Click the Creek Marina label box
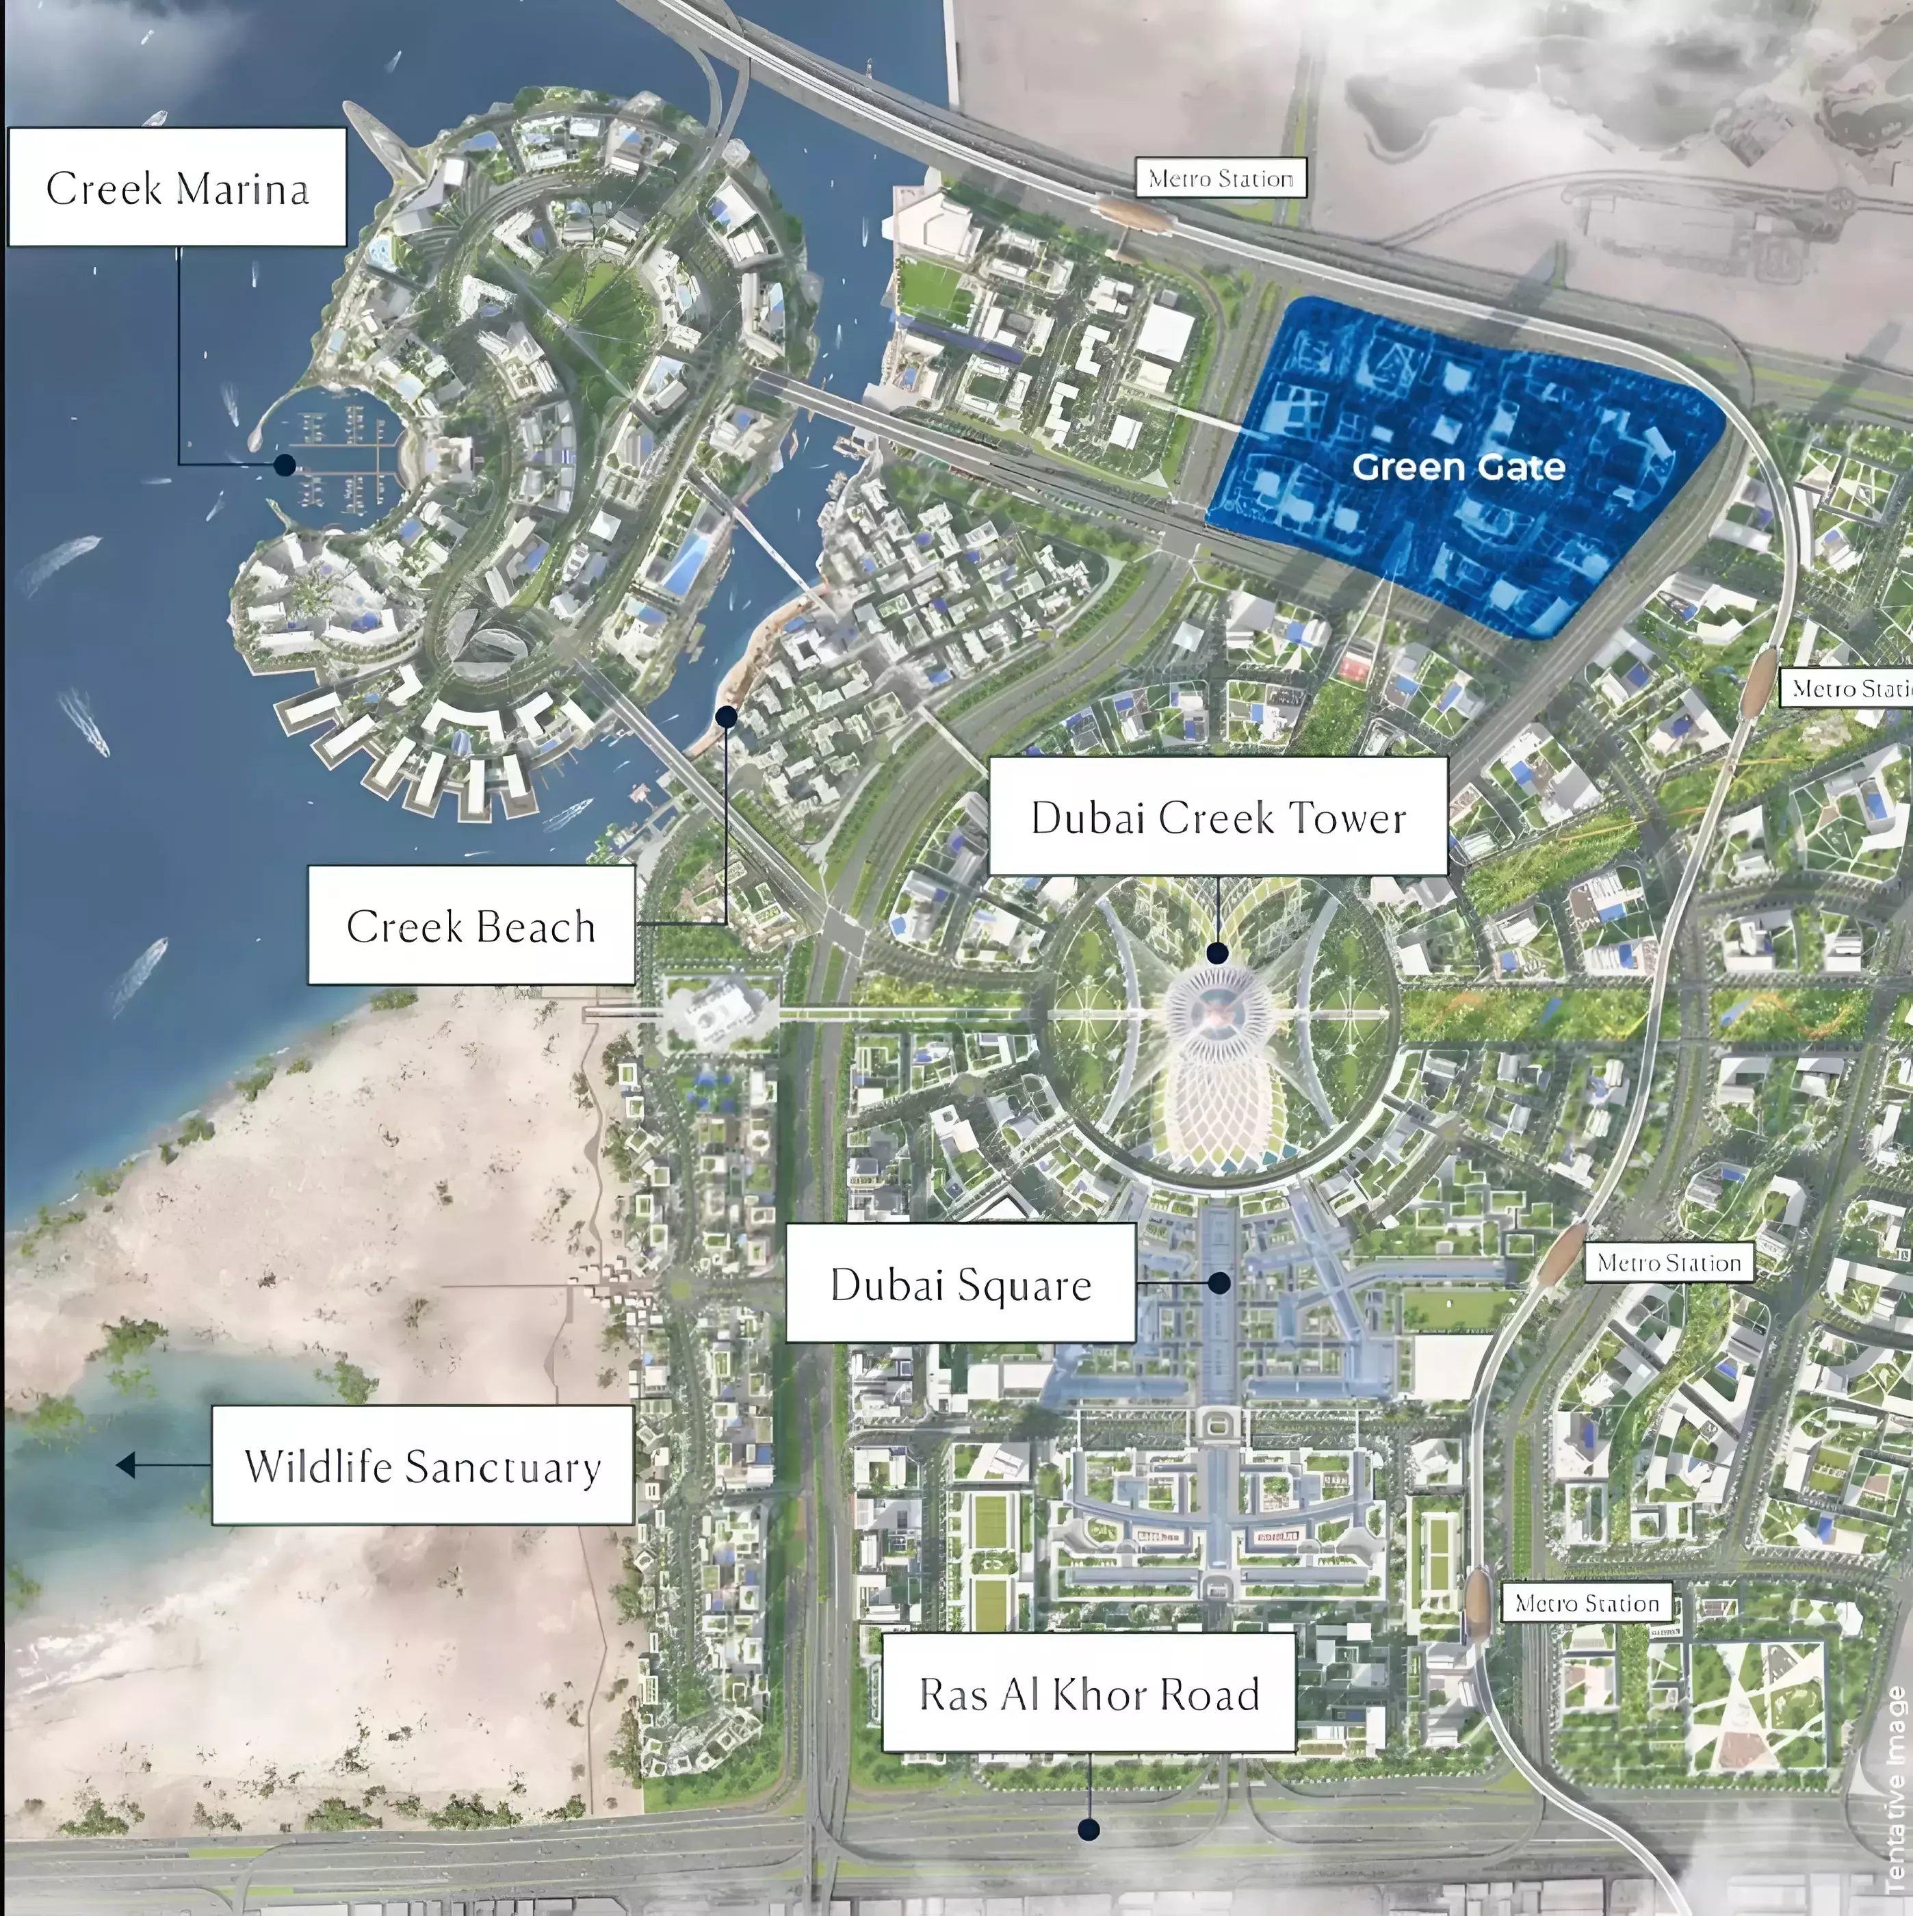[177, 187]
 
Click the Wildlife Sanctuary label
[422, 1466]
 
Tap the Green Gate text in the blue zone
[1458, 467]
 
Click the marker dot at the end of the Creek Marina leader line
[285, 464]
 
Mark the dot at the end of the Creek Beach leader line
[726, 715]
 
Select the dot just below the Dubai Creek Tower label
[1218, 953]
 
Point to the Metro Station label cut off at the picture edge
[1849, 688]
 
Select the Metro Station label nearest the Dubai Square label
[1669, 1263]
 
